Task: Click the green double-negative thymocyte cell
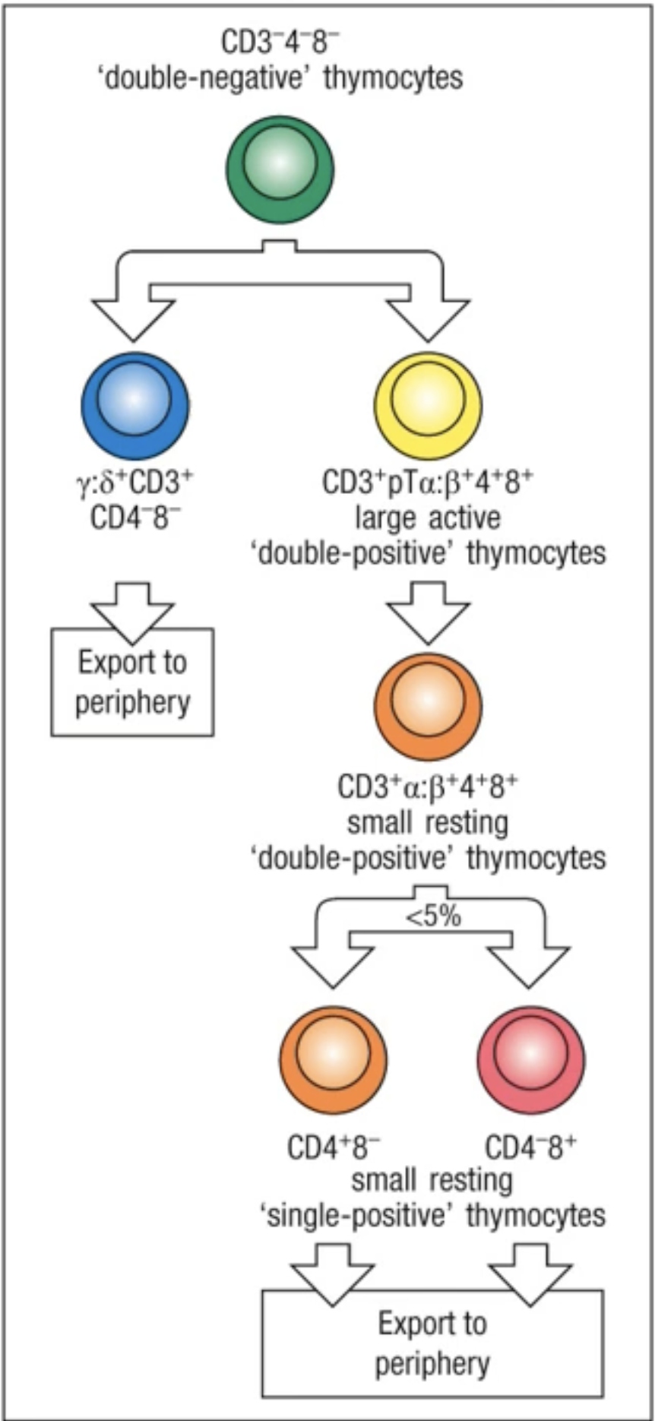point(280,169)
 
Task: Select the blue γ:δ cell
point(135,405)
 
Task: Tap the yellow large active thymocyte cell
point(427,405)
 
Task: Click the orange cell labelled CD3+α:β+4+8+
point(427,706)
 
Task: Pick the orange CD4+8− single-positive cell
point(333,1059)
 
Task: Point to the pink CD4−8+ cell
point(531,1059)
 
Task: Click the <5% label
point(433,916)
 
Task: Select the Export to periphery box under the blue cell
point(132,682)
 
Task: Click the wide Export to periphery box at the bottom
point(432,1343)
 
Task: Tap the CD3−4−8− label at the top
point(275,42)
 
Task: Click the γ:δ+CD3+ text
point(135,482)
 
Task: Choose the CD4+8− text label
point(334,1147)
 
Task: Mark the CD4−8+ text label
point(530,1147)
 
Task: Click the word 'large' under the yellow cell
point(386,518)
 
